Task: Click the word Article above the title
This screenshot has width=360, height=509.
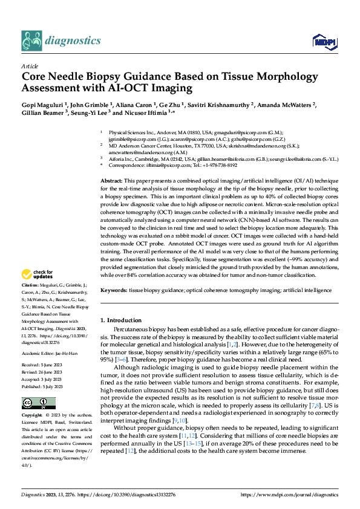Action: click(x=29, y=65)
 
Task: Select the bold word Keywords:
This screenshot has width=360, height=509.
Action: click(x=114, y=290)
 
